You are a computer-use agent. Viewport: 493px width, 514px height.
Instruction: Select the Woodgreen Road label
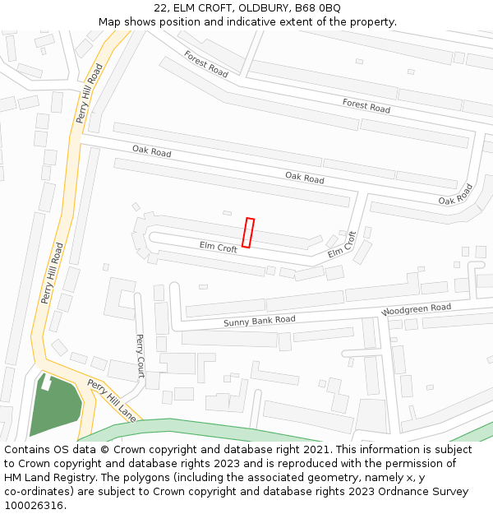pyautogui.click(x=416, y=310)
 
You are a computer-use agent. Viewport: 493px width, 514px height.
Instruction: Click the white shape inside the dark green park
pyautogui.click(x=47, y=382)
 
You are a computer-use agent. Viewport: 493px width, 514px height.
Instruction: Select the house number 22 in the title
pyautogui.click(x=160, y=8)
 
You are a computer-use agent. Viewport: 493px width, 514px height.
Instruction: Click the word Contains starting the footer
pyautogui.click(x=29, y=450)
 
